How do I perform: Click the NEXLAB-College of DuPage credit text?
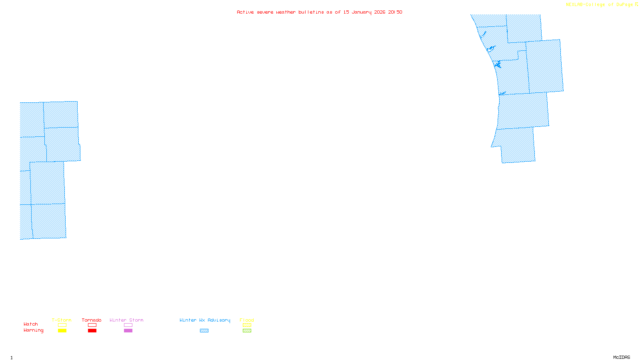point(599,5)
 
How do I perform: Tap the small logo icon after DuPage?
point(636,4)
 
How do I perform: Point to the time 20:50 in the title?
point(395,12)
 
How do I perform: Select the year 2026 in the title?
point(380,12)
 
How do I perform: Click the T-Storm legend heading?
point(62,320)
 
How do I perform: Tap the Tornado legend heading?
point(92,320)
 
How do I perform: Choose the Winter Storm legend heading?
point(126,320)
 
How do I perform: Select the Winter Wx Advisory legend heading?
point(205,320)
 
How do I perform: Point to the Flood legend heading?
point(247,320)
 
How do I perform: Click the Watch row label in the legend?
point(31,324)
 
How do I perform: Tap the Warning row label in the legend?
point(34,330)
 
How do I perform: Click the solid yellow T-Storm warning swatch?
point(62,331)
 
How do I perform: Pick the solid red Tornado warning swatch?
point(92,331)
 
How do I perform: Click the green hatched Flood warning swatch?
point(247,331)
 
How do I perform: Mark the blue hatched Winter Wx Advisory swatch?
point(204,331)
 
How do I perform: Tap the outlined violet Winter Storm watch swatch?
point(128,325)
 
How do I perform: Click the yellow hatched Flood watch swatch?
point(247,325)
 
